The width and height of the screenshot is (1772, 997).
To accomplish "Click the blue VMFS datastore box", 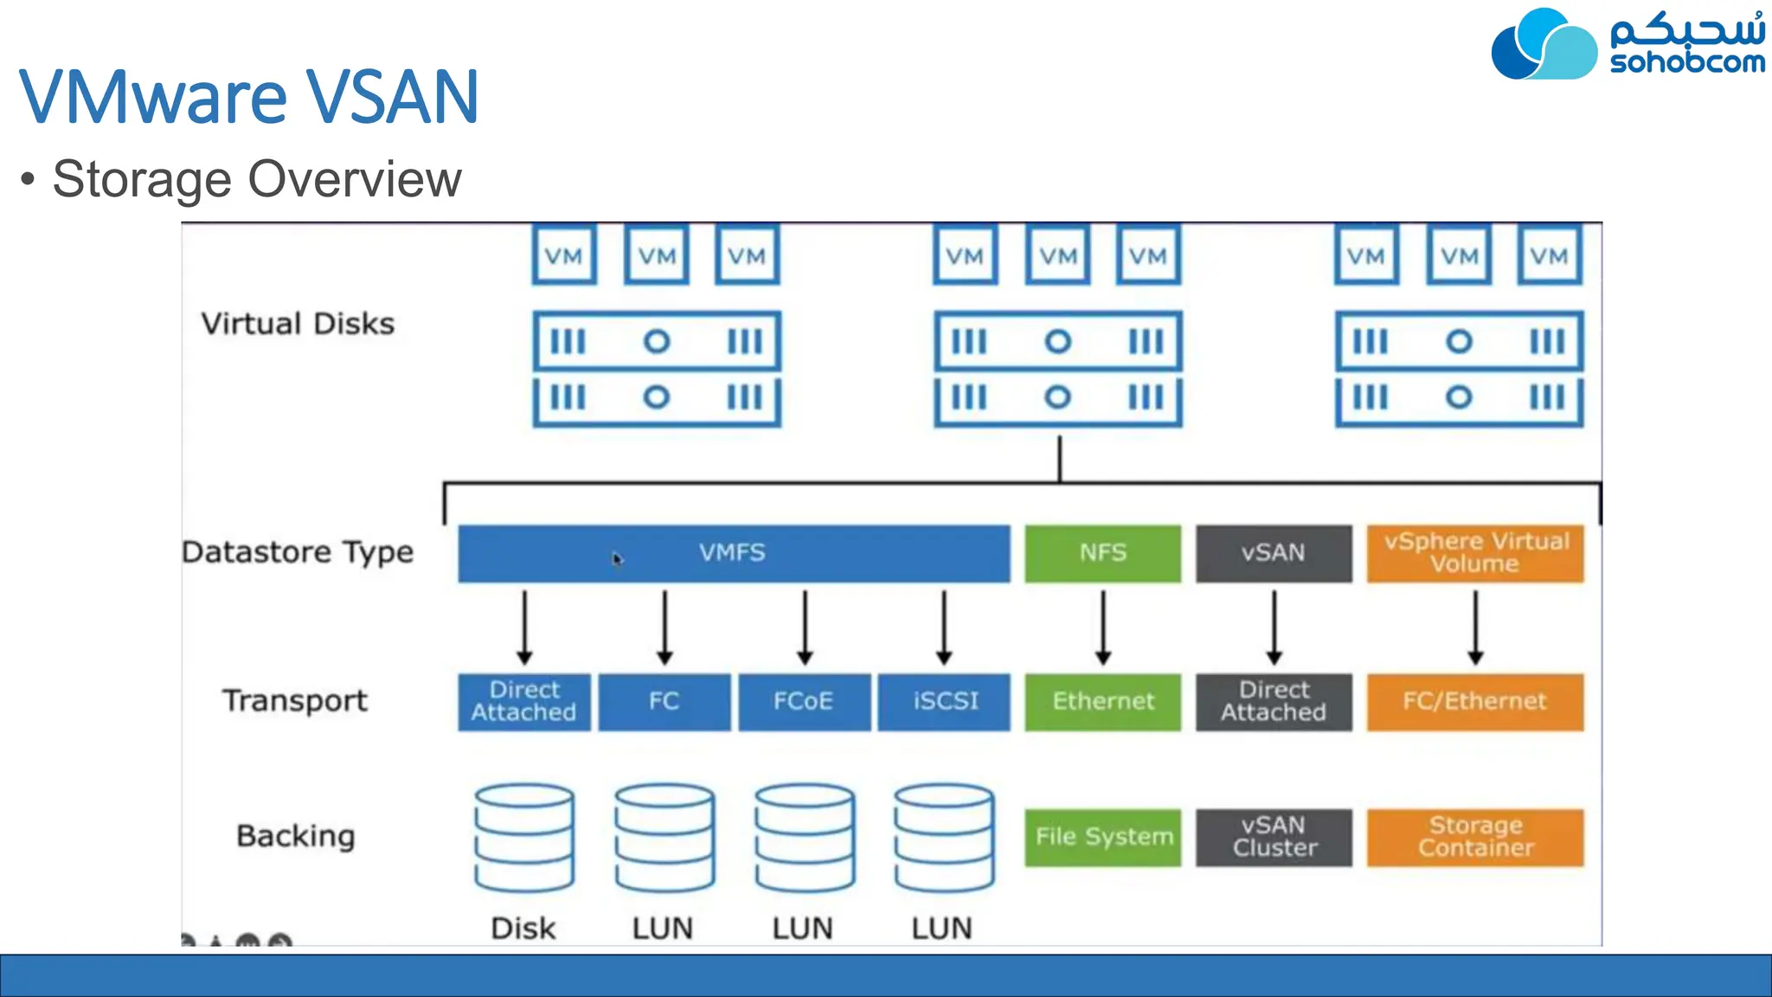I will pos(734,553).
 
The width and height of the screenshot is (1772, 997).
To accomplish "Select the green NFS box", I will pos(1102,553).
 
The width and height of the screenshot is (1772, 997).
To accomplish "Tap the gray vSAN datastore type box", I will pos(1273,553).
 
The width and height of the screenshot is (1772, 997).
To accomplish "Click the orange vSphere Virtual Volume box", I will pos(1475,553).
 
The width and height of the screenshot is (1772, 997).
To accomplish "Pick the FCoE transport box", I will pos(804,702).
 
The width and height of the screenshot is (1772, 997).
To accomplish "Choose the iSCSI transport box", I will pos(944,702).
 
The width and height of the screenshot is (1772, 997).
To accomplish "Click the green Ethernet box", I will pos(1102,702).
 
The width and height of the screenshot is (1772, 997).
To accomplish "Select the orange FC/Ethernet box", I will pos(1475,702).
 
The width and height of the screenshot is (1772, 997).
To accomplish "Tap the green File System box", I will pos(1102,837).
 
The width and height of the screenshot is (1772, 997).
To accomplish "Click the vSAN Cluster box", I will pos(1274,837).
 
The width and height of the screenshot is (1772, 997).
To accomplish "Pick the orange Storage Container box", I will pos(1475,837).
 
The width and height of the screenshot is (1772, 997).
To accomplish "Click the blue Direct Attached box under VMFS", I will pos(524,702).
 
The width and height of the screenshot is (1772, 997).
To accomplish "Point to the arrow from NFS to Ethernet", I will pos(1103,627).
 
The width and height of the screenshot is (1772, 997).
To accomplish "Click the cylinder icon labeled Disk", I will pos(523,838).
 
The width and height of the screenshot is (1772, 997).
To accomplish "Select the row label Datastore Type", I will pos(298,552).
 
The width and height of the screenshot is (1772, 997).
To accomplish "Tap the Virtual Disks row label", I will pos(298,324).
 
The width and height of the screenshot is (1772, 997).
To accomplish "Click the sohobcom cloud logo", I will pos(1544,45).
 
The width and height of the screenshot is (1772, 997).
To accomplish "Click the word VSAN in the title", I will pos(391,97).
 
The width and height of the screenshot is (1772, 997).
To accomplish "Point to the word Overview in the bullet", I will pos(355,179).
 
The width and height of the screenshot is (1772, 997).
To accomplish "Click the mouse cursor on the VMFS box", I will pos(617,559).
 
